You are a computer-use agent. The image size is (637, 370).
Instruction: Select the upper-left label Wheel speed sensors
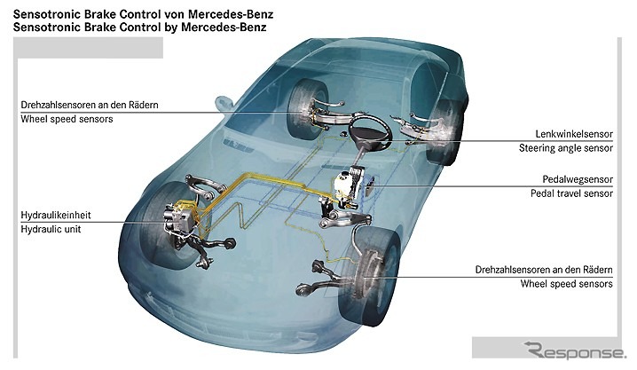tap(67, 119)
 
